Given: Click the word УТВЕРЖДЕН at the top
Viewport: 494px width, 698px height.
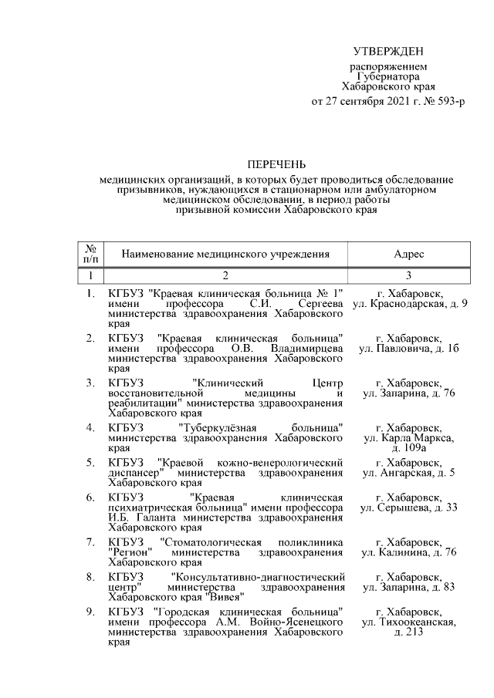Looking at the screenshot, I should (x=388, y=52).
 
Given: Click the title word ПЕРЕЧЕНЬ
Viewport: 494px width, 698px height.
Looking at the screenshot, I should (x=276, y=164).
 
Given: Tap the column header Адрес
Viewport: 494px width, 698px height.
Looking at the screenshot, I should (x=408, y=254).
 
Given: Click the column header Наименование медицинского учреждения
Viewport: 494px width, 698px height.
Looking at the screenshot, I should (x=225, y=254).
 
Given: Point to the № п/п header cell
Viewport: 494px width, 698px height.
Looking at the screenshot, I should (x=90, y=254).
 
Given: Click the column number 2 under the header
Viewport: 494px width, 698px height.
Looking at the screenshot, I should (x=225, y=275).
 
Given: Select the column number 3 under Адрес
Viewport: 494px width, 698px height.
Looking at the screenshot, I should (x=408, y=275).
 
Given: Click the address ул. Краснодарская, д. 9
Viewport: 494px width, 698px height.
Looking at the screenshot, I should (x=408, y=305).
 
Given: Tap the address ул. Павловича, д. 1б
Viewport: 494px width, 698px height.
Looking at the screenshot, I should (x=408, y=349).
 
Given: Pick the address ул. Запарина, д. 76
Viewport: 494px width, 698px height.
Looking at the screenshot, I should (x=408, y=393).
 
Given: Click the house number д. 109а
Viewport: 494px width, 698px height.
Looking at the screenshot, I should (x=408, y=447).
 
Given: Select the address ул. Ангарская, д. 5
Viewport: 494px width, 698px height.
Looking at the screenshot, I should (x=408, y=472).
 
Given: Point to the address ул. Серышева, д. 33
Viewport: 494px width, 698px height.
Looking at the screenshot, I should (x=408, y=507).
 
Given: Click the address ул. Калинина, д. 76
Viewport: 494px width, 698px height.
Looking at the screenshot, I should (x=408, y=552).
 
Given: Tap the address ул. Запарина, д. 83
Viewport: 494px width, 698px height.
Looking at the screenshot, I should (x=408, y=587).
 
